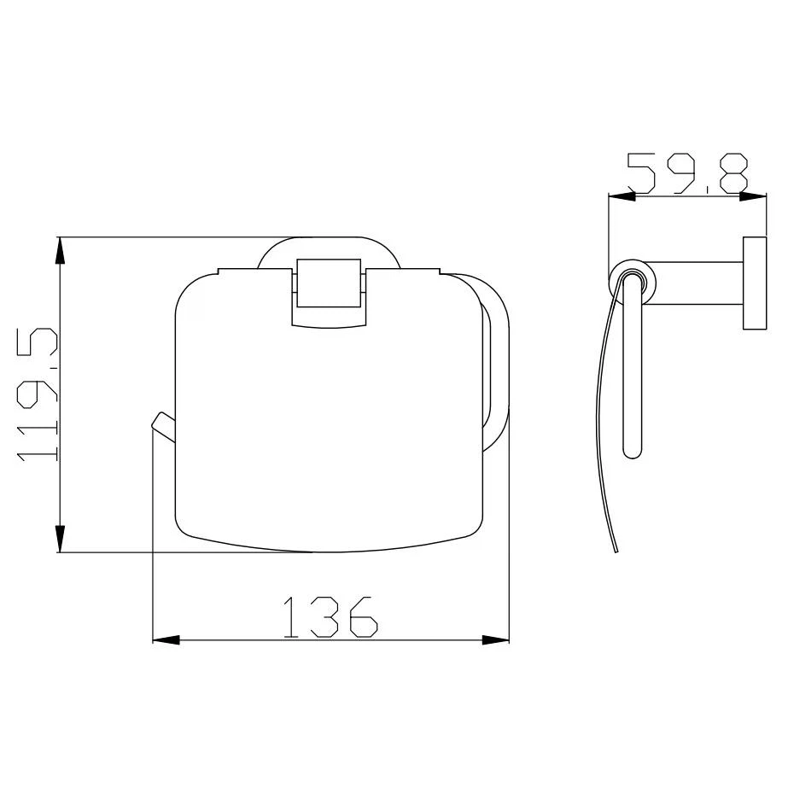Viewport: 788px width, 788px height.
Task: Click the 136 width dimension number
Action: coord(330,617)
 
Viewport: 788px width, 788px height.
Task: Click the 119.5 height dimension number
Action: coord(38,394)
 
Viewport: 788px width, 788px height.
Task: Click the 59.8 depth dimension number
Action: coord(688,173)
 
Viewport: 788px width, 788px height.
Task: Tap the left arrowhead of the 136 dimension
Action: coord(166,640)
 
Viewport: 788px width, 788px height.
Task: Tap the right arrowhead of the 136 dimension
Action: coord(495,640)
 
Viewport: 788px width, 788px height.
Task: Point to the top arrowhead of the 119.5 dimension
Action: coord(60,250)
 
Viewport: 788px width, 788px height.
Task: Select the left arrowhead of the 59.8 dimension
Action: coord(622,196)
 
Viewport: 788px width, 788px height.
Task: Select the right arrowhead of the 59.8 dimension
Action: coord(753,196)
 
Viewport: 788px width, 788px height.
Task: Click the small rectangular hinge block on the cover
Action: coord(330,283)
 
